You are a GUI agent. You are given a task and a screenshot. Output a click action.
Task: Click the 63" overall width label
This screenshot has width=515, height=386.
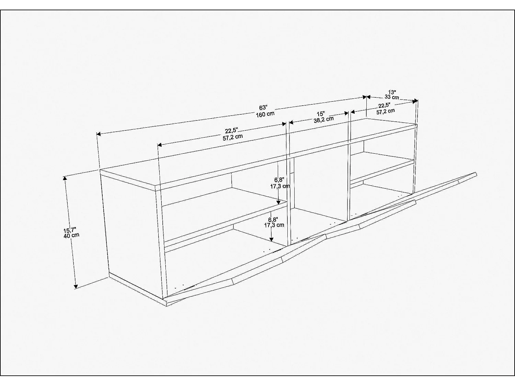[263, 108]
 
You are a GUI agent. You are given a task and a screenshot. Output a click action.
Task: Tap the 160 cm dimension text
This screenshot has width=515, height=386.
[265, 114]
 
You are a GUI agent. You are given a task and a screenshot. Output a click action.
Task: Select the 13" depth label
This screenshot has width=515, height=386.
[392, 92]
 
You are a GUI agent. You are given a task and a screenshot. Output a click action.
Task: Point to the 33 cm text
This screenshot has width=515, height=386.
[392, 97]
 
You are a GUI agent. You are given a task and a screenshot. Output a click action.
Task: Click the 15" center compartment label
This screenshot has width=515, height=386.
[320, 114]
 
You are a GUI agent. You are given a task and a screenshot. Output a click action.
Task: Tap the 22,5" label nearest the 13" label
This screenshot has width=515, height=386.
[385, 105]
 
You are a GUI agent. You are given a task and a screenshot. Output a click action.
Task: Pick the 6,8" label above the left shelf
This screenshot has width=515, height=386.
[278, 179]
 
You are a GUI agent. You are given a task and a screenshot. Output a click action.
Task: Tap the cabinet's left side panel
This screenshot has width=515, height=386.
[132, 230]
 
